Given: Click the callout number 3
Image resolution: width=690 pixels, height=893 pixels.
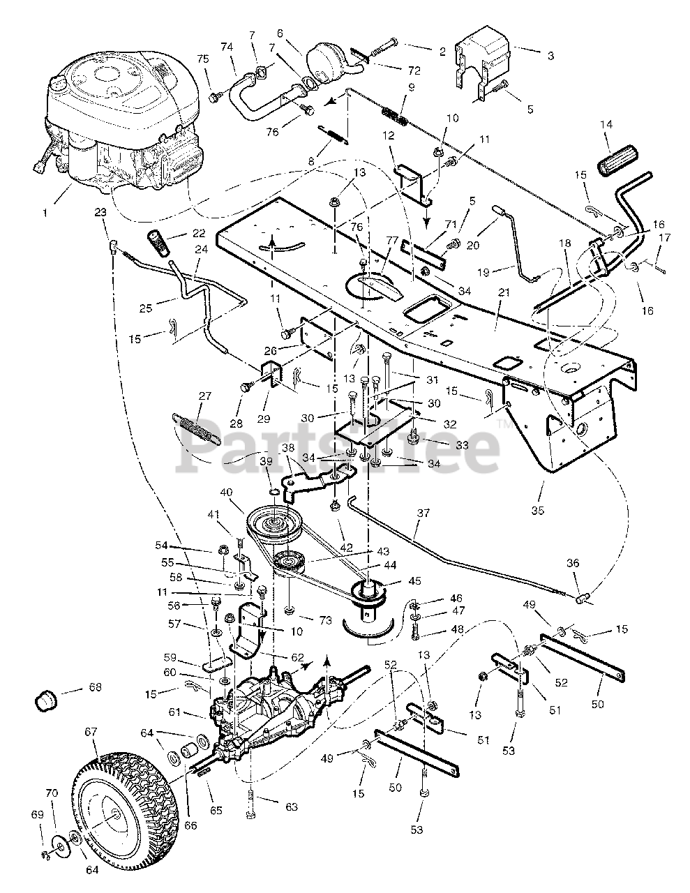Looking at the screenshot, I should pyautogui.click(x=551, y=55).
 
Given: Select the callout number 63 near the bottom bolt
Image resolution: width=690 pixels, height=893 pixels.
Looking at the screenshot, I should pyautogui.click(x=292, y=807).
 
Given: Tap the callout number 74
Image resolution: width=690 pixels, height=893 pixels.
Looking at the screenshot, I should pyautogui.click(x=226, y=47).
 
